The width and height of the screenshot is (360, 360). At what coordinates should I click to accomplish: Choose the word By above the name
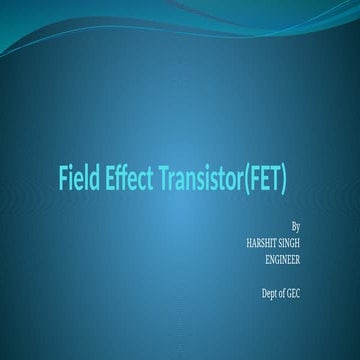[294, 227]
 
